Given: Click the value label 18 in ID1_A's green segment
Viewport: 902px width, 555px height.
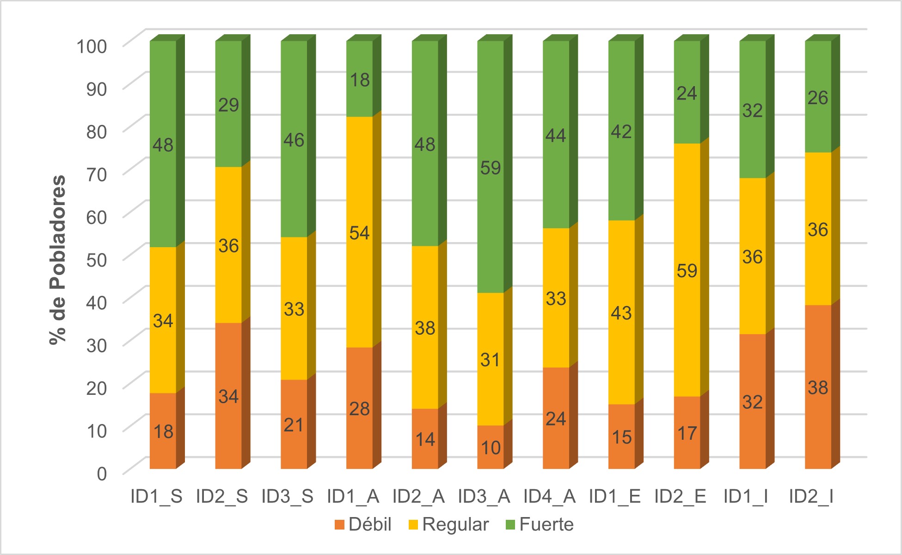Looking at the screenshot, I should [360, 80].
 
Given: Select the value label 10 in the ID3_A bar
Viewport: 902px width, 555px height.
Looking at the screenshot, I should [491, 448].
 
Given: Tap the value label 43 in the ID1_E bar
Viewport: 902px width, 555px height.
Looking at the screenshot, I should [621, 313].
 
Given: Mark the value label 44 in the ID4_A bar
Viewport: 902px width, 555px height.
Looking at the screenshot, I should [556, 136].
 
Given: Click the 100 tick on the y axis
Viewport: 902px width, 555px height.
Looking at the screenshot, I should [92, 46].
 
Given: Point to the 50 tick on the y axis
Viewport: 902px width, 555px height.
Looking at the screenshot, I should [96, 260].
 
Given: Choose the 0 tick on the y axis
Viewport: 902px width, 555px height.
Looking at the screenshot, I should [102, 474].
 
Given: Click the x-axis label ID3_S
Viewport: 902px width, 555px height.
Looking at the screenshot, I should [287, 497].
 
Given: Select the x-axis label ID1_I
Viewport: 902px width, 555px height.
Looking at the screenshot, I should [745, 497].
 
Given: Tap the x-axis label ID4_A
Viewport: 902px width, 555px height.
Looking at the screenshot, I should [549, 497].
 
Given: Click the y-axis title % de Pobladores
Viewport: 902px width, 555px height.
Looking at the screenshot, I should [58, 260].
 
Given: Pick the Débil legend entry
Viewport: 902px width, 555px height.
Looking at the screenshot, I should [363, 524].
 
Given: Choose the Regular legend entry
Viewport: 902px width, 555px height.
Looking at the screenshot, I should [448, 524].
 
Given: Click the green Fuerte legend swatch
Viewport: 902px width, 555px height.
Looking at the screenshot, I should [510, 525].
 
